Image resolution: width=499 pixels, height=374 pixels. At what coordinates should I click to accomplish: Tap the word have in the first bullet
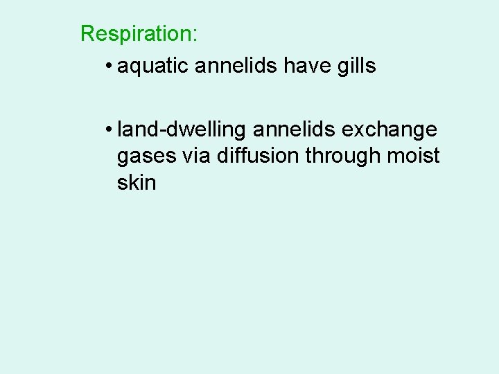306,66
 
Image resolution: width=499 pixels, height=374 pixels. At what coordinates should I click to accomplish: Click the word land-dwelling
184,130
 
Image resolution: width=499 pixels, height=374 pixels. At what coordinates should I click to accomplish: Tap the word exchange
392,130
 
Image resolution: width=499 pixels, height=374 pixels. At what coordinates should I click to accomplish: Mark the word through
341,156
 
